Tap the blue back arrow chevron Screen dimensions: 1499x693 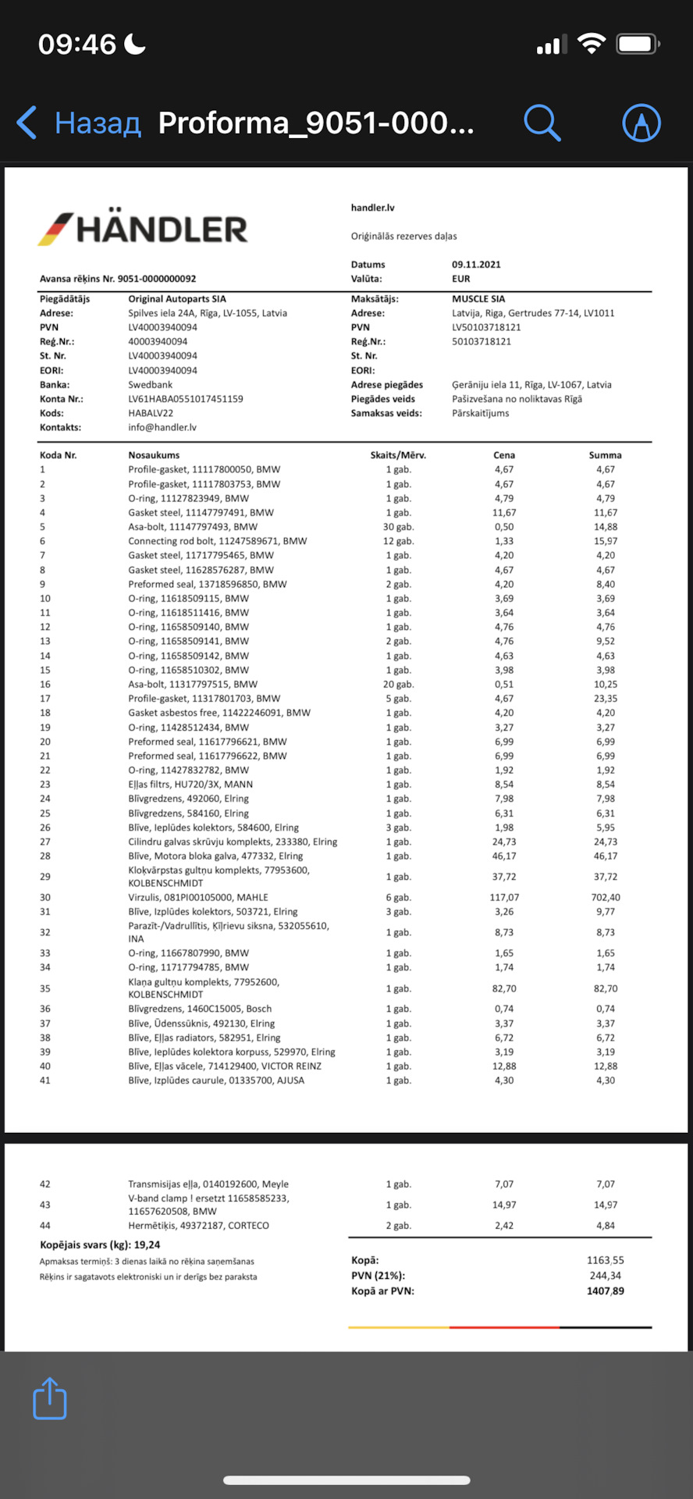coord(27,123)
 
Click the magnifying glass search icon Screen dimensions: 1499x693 coord(542,123)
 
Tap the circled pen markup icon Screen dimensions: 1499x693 coord(641,123)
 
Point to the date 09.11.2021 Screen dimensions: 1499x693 coord(476,265)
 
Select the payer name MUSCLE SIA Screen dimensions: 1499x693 coord(478,299)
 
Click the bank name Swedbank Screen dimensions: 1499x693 coord(151,385)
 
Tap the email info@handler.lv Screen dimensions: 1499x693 coord(162,428)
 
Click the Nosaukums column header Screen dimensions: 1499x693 coord(154,455)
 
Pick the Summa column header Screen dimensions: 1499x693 coord(605,455)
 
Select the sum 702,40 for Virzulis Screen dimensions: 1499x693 coord(605,898)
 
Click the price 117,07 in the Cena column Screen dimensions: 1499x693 coord(504,898)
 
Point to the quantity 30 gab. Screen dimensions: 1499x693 coord(398,527)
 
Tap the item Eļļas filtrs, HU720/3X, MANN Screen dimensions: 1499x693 coord(190,785)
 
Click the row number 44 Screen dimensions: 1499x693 coord(45,1226)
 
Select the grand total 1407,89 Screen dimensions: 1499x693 coord(605,1291)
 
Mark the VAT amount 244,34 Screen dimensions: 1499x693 coord(605,1276)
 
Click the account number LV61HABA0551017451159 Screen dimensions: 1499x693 coord(186,399)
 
